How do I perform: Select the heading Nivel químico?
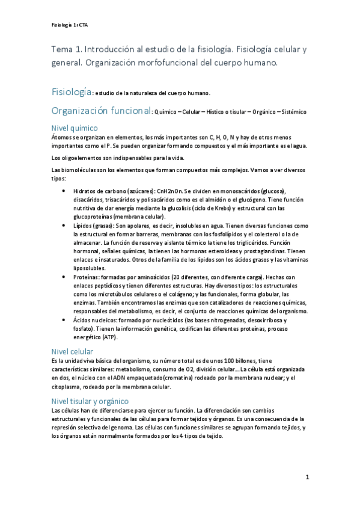click(x=75, y=128)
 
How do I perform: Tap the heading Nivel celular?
click(x=72, y=351)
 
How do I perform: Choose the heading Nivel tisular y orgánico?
click(x=90, y=401)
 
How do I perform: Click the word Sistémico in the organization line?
click(x=292, y=112)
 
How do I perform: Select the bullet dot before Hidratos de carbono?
click(x=64, y=190)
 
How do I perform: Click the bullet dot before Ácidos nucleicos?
click(x=64, y=320)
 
